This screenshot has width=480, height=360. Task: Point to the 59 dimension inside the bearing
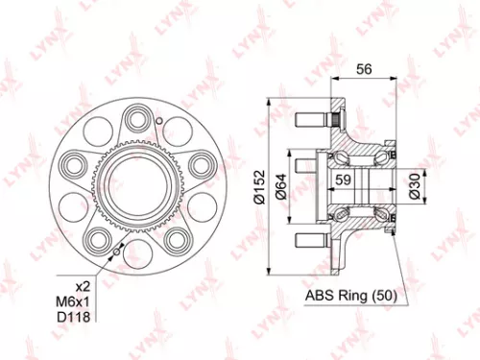point(343,179)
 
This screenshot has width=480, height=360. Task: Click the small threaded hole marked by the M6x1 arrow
point(115,249)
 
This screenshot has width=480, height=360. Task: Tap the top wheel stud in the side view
point(313,121)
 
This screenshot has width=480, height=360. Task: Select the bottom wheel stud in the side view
point(313,239)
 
